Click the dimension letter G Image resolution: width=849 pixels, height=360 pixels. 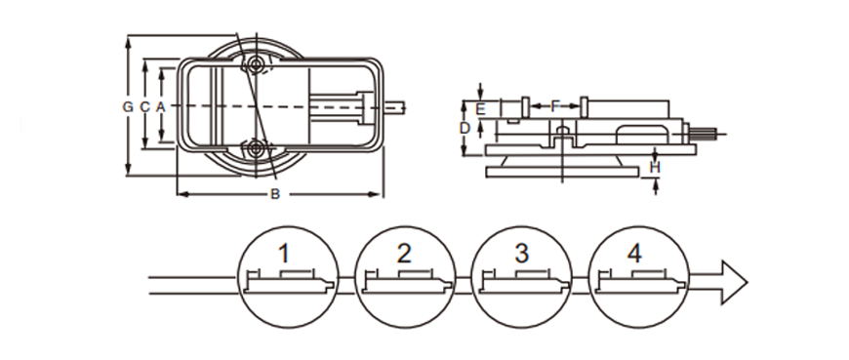point(128,106)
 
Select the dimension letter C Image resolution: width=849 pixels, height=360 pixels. point(144,106)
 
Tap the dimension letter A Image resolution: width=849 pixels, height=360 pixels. point(160,106)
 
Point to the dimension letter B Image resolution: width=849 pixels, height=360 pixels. point(275,194)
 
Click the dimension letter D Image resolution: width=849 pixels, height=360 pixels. point(465,129)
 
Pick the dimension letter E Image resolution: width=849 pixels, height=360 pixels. point(480,109)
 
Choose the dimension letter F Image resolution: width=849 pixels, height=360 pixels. point(554,106)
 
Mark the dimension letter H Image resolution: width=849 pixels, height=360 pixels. point(655,168)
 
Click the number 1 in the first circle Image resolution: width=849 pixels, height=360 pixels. point(284,254)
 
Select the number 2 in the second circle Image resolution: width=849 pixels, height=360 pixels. point(404,254)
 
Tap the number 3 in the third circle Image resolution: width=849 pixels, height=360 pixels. point(521,254)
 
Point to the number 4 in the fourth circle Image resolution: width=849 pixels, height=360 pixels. point(634,254)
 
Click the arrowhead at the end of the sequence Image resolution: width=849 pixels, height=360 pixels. point(734,282)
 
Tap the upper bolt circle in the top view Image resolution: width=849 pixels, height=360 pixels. point(255,65)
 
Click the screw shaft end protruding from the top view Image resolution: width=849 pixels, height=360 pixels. point(394,107)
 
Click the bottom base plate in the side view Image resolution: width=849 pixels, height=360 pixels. point(562,172)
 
